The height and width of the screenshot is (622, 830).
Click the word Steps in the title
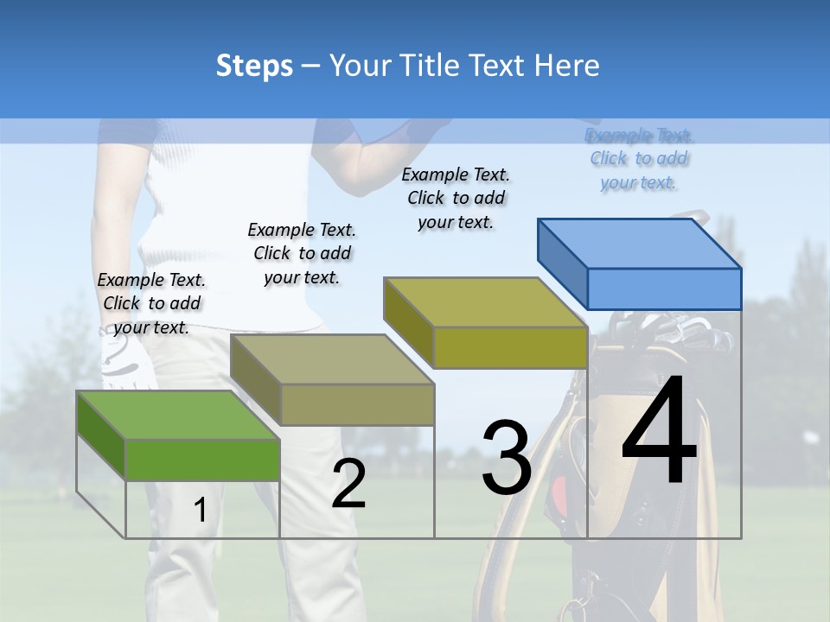click(254, 66)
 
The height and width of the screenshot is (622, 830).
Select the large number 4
click(659, 431)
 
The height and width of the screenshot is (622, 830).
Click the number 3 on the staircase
click(507, 457)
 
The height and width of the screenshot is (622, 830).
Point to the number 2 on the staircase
click(348, 484)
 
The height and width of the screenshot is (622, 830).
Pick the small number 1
click(200, 510)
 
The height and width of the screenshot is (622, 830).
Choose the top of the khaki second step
click(332, 359)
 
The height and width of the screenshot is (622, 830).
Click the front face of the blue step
click(664, 289)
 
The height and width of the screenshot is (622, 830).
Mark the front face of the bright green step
click(202, 459)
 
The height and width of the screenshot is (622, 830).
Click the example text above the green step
click(152, 303)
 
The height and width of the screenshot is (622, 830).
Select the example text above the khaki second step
click(302, 253)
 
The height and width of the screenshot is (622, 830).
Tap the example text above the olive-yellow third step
click(456, 198)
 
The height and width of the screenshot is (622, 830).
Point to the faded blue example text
click(639, 159)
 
